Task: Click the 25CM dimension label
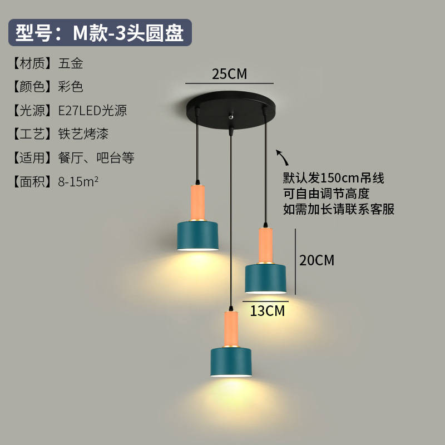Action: [x=229, y=74]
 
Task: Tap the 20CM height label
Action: [x=317, y=260]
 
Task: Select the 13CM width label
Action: [x=267, y=310]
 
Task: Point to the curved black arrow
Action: [x=283, y=157]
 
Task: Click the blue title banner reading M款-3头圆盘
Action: [x=100, y=33]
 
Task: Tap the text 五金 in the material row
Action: [x=71, y=63]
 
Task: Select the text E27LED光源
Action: [x=92, y=111]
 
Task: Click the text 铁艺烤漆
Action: [x=83, y=134]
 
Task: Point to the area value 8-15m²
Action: [x=78, y=181]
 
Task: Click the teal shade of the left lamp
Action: [x=198, y=236]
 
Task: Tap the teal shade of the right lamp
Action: [x=266, y=278]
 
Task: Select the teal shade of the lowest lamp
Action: [x=233, y=362]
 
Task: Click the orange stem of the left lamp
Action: [x=198, y=202]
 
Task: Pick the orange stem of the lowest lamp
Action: [x=231, y=329]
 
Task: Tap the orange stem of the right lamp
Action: [x=265, y=245]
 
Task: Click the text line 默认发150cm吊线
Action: [x=333, y=179]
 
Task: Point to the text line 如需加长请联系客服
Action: [x=339, y=209]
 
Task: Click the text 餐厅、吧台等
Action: [x=96, y=158]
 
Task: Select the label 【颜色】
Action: [x=32, y=87]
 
